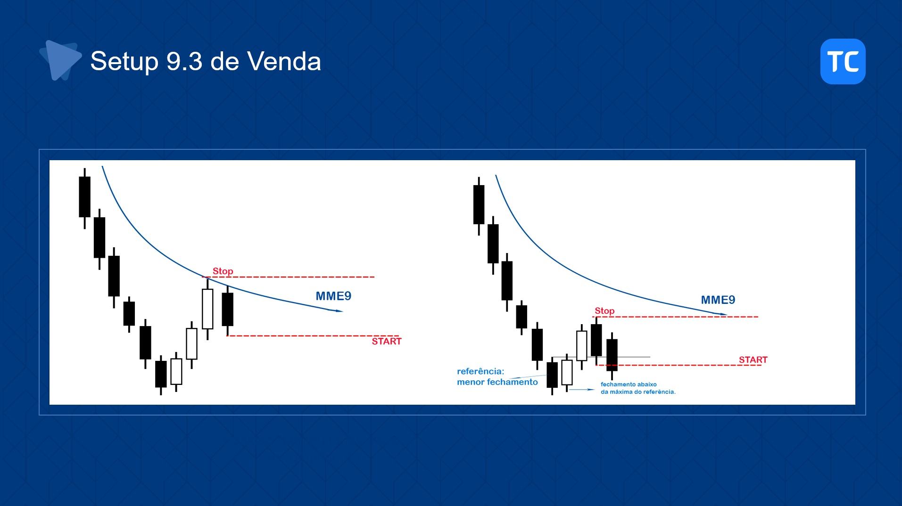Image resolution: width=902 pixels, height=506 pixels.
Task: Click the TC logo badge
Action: pos(843,61)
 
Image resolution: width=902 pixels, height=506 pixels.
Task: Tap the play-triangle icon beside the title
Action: pos(60,60)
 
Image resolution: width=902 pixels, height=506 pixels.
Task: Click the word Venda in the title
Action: pos(284,61)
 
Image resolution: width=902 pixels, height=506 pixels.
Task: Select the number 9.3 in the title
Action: pos(184,61)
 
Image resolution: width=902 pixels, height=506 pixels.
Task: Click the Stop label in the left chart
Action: pos(223,271)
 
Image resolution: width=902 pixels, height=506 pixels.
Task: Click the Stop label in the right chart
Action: pos(604,310)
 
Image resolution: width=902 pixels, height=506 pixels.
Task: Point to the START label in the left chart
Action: pos(387,341)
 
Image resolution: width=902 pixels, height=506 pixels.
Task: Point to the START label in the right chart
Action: pos(753,359)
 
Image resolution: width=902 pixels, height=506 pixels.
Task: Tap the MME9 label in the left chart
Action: pos(333,296)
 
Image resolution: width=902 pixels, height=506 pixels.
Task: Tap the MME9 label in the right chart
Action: pos(718,300)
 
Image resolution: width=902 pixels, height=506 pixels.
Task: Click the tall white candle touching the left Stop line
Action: pos(207,309)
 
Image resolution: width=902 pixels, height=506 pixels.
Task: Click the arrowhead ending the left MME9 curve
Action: pos(339,311)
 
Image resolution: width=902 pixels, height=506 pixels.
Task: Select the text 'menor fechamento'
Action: pos(497,382)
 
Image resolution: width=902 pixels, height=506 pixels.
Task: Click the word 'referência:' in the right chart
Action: pos(480,371)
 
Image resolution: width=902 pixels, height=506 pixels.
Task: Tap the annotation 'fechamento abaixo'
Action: pos(629,384)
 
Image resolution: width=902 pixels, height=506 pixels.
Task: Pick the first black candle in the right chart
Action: pos(479,204)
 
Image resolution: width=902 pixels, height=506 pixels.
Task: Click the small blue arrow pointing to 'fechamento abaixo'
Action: pos(582,390)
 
